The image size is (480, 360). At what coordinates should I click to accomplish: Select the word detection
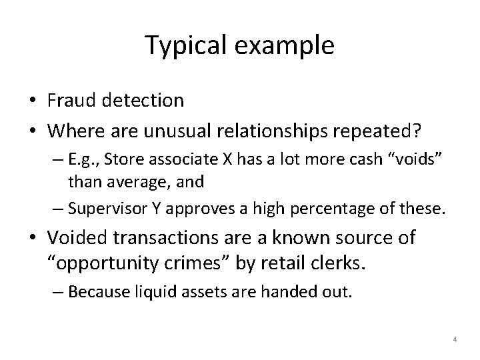click(x=145, y=101)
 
